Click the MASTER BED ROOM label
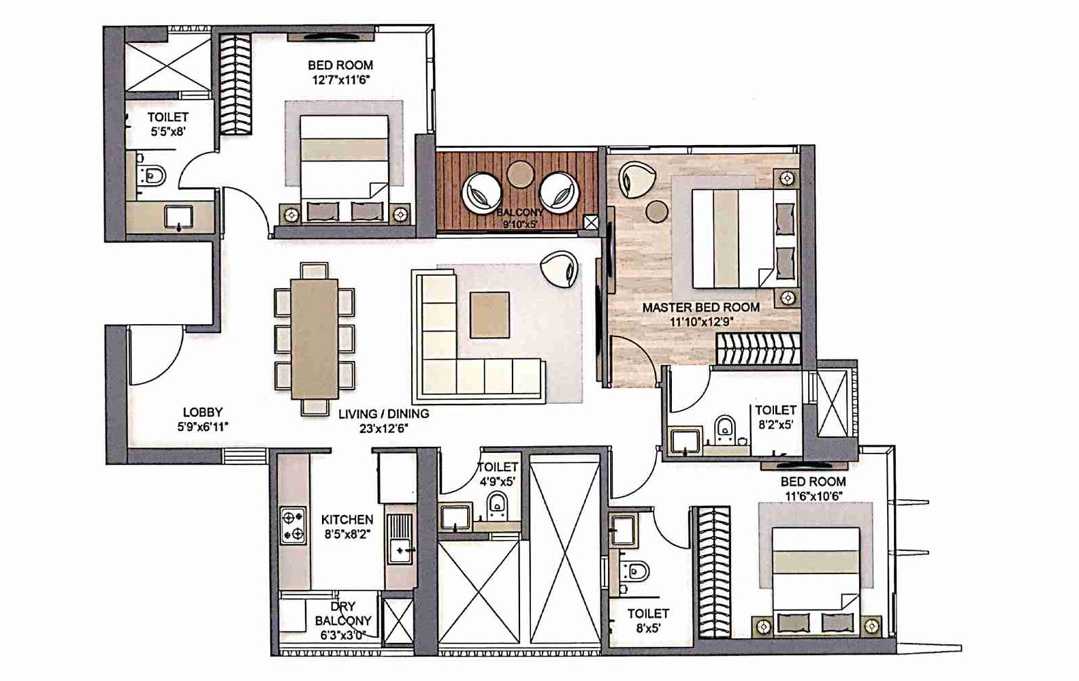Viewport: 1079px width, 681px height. tap(700, 307)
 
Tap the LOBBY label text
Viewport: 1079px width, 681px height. tap(202, 412)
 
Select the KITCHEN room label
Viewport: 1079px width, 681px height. tap(347, 520)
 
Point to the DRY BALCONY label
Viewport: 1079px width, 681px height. tap(343, 614)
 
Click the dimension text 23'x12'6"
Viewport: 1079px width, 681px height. tap(383, 428)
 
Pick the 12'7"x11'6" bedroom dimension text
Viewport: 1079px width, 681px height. tap(340, 80)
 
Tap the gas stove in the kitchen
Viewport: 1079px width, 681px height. tap(293, 526)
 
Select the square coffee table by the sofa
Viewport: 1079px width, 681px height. tap(489, 315)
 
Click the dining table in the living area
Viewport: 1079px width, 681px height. tap(315, 338)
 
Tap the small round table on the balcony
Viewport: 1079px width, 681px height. tap(521, 173)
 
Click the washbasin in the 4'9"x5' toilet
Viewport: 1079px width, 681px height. tap(454, 517)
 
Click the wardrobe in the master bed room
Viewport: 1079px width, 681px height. tap(757, 349)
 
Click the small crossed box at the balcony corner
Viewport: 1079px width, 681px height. tap(591, 222)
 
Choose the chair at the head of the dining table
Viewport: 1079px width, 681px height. tap(314, 270)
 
